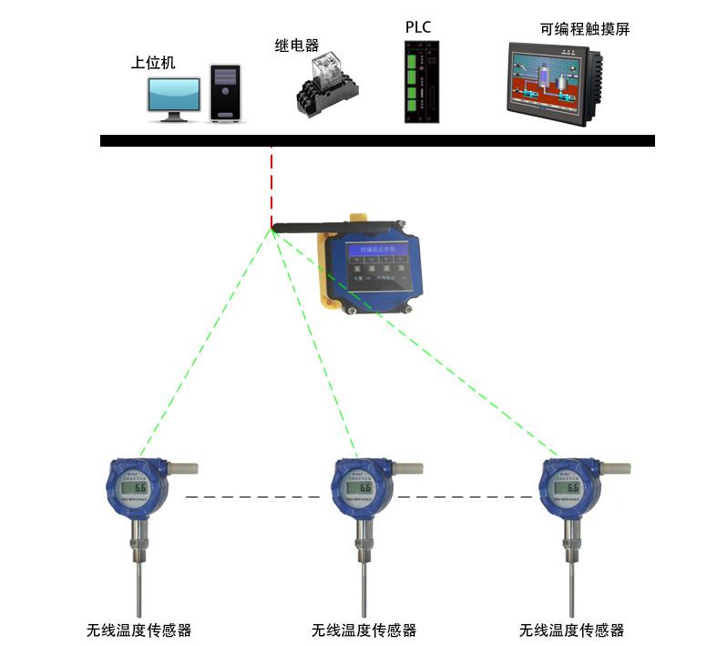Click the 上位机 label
pos(153,63)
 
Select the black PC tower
pos(225,93)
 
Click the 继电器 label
pos(297,45)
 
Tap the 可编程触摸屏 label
pos(585,29)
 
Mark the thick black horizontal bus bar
pos(376,140)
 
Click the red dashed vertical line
pos(271,187)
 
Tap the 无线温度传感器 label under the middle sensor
pos(364,630)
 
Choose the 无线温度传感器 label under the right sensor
pos(571,630)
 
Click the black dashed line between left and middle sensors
pos(252,497)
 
